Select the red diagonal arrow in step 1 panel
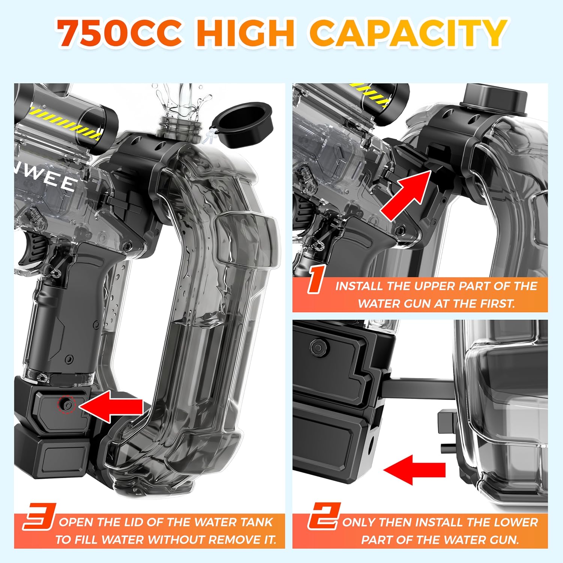point(406,194)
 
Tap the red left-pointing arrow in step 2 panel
point(414,469)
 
